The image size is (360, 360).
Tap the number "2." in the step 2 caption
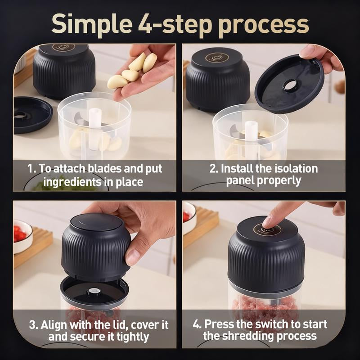214,169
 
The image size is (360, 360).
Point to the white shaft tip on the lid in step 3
93,291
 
